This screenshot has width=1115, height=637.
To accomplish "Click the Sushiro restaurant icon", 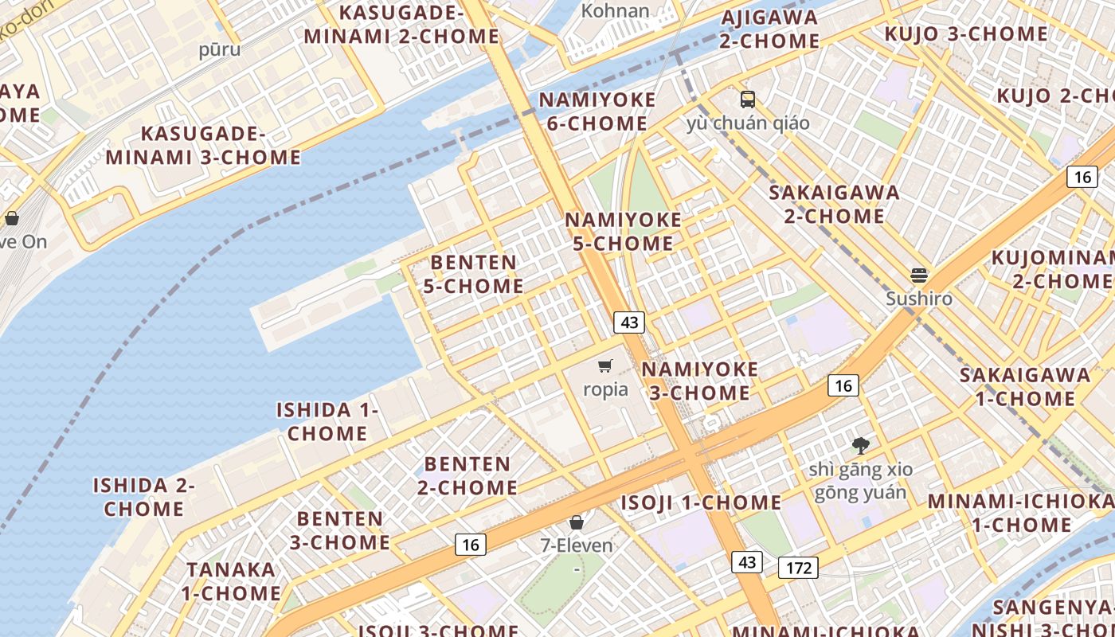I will pos(920,276).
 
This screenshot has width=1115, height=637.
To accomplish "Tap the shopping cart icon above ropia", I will pos(605,366).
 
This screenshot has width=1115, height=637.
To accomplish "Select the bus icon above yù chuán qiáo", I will pos(748,100).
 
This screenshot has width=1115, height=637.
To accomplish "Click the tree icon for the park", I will pos(860,445).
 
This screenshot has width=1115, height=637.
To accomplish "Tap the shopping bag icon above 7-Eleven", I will pos(577,522).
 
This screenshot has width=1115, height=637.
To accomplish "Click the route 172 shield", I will pos(798,568).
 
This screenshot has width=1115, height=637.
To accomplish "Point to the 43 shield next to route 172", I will pos(747,562).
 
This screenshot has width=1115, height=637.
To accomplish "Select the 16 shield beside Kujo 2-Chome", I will pos(1082,177).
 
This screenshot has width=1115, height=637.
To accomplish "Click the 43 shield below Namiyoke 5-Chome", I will pos(629,322).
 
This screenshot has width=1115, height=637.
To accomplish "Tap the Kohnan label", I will pos(616,11).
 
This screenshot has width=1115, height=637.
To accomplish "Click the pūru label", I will pos(219,49).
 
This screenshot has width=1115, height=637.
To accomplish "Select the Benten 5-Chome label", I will pos(473,274).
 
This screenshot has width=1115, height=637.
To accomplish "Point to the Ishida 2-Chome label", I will pos(144,497).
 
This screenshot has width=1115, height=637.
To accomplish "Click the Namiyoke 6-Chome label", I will pos(597,111).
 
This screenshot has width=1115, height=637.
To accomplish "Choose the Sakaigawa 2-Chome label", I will pos(834,204).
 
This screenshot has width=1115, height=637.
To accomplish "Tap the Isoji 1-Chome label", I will pos(701,502).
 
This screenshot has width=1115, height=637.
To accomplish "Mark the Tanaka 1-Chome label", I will pos(231,581).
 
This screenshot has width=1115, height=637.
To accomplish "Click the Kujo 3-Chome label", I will pos(966,34).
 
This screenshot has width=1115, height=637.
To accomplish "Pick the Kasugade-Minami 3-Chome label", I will pos(203,145).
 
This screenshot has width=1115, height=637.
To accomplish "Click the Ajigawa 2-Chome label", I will pos(769,29).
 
